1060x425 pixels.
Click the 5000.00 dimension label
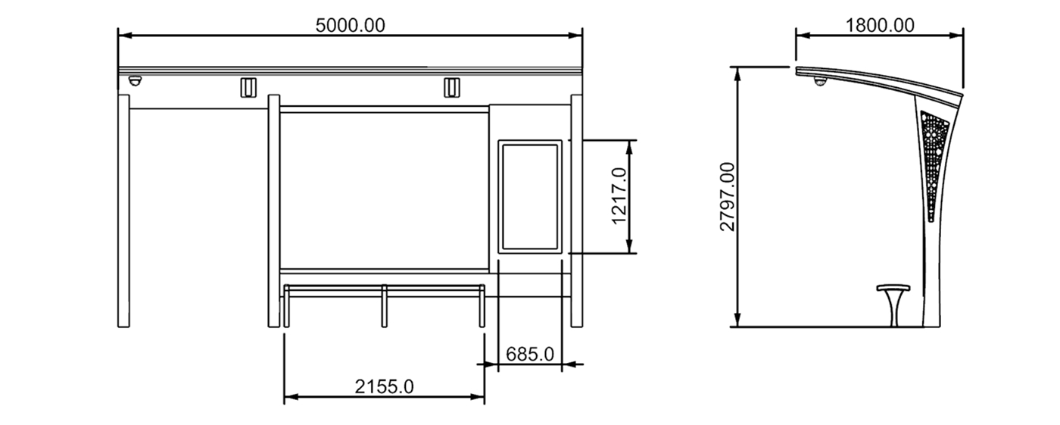click(x=350, y=25)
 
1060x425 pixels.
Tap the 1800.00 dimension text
click(x=879, y=25)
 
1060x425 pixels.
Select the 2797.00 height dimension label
click(x=727, y=196)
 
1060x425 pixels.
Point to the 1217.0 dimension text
click(x=619, y=196)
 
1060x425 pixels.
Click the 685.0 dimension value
click(x=530, y=354)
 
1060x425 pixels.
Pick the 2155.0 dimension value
click(x=384, y=386)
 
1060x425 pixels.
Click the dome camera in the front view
click(x=135, y=81)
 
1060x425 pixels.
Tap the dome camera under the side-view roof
click(x=819, y=81)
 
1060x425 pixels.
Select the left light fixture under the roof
click(x=247, y=87)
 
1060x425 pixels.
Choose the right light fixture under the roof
click(x=451, y=87)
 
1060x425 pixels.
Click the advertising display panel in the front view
click(x=530, y=196)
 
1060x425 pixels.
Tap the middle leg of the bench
click(x=385, y=307)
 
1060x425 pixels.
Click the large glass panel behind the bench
click(x=384, y=189)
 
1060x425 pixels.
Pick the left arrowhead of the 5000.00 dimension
click(x=123, y=35)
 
